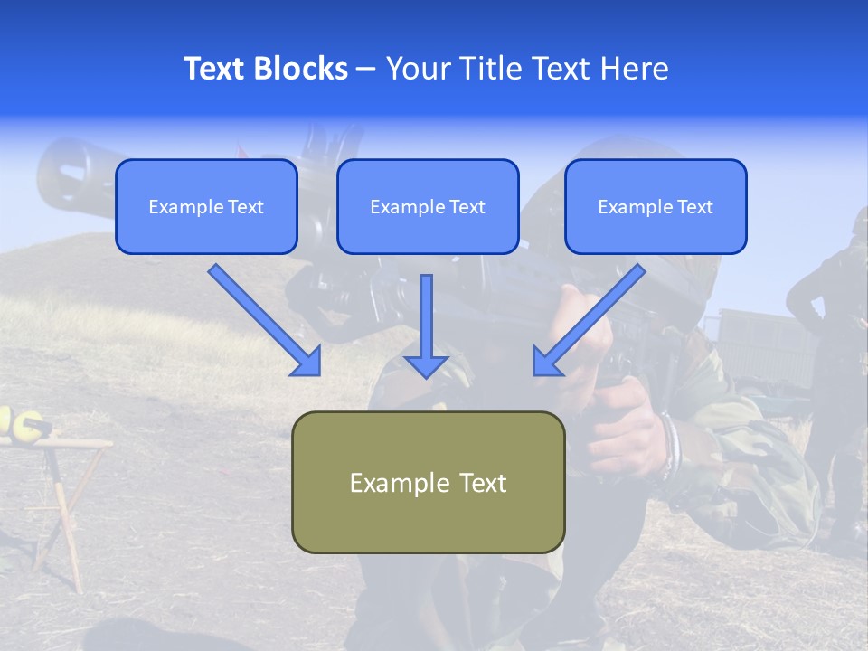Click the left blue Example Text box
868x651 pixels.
[x=206, y=207]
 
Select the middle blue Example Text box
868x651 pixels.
[x=428, y=207]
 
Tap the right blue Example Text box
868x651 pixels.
[x=656, y=207]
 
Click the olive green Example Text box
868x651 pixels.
[x=428, y=482]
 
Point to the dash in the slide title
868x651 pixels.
[x=366, y=70]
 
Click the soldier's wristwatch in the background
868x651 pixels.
[x=668, y=445]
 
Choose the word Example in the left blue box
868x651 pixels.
[x=181, y=207]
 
